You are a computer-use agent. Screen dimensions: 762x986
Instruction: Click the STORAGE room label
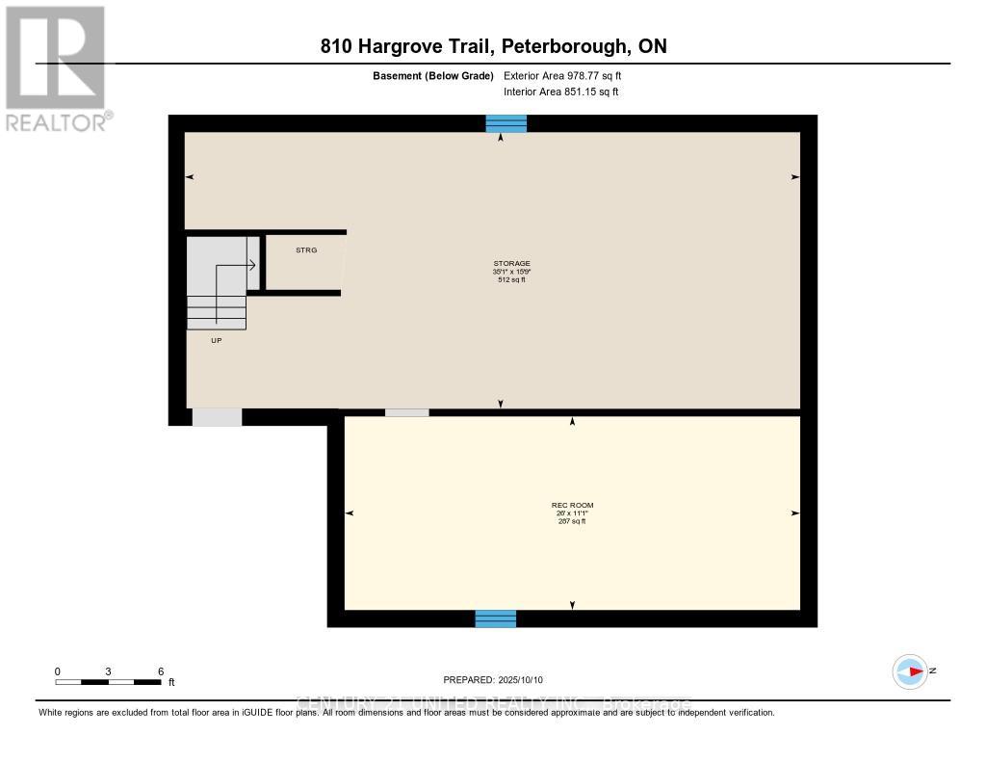(x=511, y=263)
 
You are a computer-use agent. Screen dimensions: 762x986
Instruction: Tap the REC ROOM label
(x=573, y=505)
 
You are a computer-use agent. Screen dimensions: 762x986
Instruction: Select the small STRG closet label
(x=305, y=250)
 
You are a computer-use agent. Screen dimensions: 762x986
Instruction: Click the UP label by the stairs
(x=216, y=340)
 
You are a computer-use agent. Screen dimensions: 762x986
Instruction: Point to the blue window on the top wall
(x=506, y=123)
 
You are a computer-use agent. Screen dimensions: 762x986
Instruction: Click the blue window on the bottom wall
(x=496, y=618)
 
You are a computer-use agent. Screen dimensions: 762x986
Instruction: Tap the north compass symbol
(x=910, y=671)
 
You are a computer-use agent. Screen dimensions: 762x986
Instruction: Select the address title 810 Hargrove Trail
(x=492, y=46)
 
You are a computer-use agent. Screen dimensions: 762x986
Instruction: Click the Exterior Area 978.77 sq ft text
(x=569, y=75)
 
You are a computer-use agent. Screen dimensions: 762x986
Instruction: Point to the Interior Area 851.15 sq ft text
(x=560, y=92)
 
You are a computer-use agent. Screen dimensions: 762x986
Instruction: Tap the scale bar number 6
(x=161, y=671)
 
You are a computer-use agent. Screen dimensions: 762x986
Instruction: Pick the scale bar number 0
(x=58, y=671)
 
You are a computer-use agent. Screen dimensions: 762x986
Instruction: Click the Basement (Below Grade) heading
(x=433, y=75)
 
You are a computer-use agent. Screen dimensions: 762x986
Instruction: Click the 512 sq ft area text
(x=511, y=280)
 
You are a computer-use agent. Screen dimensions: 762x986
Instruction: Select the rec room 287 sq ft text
(x=573, y=521)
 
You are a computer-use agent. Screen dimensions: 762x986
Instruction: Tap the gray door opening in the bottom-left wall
(x=217, y=417)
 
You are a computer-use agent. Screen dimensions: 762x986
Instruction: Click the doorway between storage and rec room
(x=406, y=412)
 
